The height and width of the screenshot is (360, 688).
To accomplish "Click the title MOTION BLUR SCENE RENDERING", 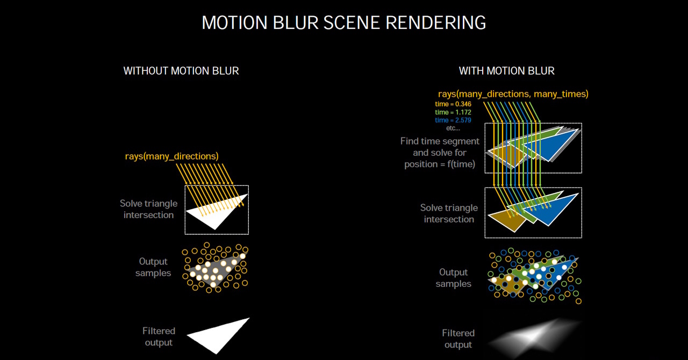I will tap(343, 23).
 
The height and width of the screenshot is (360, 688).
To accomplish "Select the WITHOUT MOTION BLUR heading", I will tap(181, 71).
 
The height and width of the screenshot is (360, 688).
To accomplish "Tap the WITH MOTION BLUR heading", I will tap(506, 71).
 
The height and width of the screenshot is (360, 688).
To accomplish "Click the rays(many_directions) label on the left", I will tap(171, 156).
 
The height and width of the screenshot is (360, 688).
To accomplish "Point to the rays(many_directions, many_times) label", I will tap(513, 94).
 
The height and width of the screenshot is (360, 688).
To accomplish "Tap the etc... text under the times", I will tap(453, 128).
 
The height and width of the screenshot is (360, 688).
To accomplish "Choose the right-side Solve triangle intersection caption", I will tap(449, 213).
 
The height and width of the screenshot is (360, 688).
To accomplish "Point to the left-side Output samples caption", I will tap(153, 267).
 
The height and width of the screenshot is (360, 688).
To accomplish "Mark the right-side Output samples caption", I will tap(453, 278).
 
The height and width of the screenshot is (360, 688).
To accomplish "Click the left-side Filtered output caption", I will tap(159, 337).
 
